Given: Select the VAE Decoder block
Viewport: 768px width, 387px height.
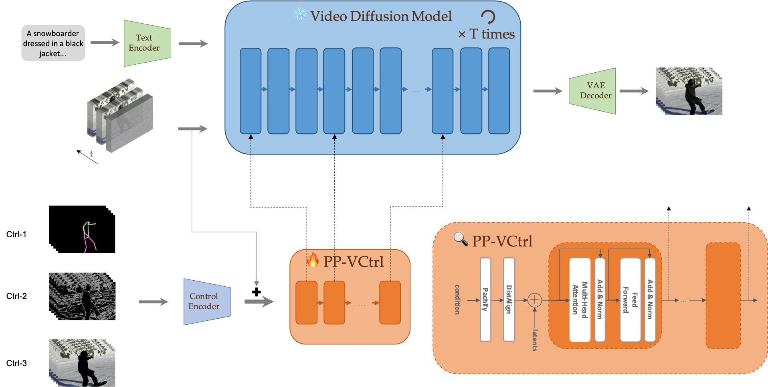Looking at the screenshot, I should coord(593,91).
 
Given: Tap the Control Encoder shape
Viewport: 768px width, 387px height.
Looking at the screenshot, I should coord(206,301).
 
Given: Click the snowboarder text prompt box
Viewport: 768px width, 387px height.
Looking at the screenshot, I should coord(53,43).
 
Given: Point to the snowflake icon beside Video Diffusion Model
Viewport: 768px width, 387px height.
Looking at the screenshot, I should coord(299,14).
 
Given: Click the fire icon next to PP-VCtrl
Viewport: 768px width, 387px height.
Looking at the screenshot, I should coord(313,260).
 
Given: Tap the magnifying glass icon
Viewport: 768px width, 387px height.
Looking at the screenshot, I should coord(461,239).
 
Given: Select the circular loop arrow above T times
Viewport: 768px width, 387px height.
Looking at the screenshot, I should coord(488,16).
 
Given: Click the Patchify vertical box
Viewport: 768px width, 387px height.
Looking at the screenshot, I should coord(485,299).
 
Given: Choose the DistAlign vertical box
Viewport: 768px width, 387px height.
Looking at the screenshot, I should coord(509,299).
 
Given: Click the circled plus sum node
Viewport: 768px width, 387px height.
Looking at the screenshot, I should coord(534,300).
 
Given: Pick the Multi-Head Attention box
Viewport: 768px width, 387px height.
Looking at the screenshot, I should coord(580,299).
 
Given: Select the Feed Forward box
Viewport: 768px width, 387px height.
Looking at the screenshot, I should coord(630,299).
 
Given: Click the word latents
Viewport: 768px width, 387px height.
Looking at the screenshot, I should coord(535,340).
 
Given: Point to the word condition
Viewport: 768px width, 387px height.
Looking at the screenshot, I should coord(457,299).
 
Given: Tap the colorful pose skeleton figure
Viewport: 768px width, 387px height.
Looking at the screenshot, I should coord(89,237).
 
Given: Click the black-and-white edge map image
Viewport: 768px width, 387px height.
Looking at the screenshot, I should coord(82,296).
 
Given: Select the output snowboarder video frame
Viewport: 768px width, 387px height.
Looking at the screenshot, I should coord(689,91).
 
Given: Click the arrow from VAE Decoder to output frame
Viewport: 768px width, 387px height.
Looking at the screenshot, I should coord(634,91).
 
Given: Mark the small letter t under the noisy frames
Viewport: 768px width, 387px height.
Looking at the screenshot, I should coord(91,154).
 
